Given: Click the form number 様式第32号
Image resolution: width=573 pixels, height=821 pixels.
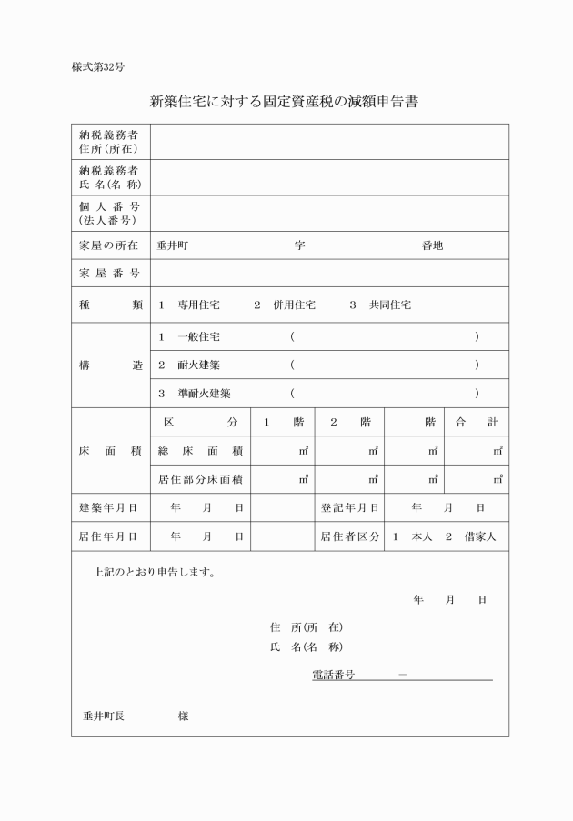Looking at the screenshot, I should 97,67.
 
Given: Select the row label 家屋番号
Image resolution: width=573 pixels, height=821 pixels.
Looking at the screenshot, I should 108,274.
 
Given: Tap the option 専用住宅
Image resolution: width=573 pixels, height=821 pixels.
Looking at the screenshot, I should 198,305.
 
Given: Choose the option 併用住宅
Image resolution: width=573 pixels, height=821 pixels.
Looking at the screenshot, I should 294,305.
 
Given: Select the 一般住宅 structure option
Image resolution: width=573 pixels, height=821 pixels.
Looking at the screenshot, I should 198,337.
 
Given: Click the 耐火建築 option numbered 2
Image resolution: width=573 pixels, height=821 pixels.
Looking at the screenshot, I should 198,365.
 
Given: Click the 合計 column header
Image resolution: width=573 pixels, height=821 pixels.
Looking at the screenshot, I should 477,423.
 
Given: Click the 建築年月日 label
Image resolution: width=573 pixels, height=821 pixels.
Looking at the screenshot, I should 108,507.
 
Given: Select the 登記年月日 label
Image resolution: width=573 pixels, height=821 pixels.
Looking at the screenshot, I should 350,507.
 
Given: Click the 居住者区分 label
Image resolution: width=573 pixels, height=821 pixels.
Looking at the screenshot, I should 350,536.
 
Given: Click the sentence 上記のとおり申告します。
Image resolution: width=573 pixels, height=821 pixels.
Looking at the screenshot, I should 154,574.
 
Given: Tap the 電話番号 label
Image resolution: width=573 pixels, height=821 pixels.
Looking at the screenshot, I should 333,676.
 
